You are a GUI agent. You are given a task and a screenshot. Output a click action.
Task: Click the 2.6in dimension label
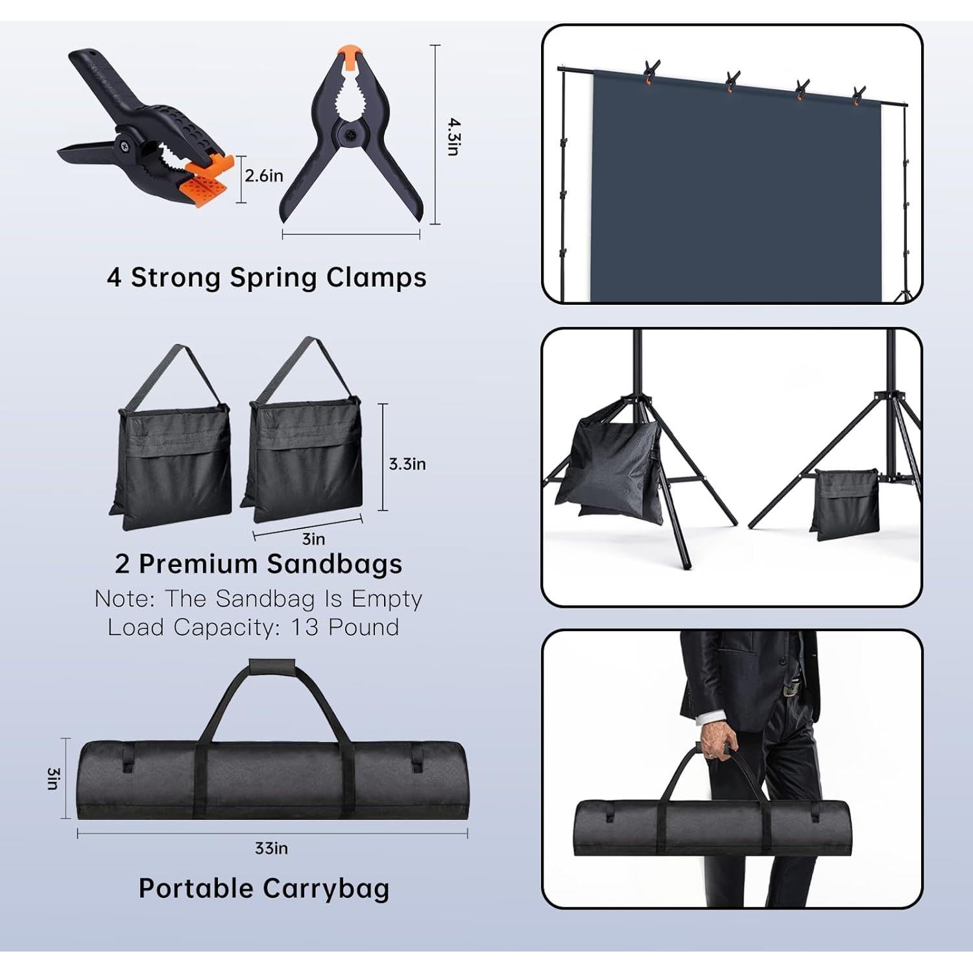click(x=264, y=176)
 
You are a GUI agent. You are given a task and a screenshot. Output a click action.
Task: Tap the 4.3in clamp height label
click(x=453, y=136)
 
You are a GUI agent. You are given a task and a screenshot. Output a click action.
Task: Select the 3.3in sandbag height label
click(x=407, y=464)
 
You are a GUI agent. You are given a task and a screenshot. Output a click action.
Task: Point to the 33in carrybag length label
click(x=271, y=848)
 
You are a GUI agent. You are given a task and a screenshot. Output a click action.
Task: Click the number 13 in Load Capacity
click(x=305, y=627)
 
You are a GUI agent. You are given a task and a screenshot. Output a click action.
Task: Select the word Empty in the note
click(x=387, y=598)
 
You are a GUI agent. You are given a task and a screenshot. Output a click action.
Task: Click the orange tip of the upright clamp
click(x=350, y=57)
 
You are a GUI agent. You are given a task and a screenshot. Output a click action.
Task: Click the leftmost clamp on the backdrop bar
click(x=651, y=71)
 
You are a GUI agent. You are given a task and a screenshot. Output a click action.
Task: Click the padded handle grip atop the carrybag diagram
click(x=272, y=666)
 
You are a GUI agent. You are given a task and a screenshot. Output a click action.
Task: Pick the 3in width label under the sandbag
click(x=313, y=539)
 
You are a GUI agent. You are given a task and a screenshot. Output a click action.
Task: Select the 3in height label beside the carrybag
click(x=53, y=778)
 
